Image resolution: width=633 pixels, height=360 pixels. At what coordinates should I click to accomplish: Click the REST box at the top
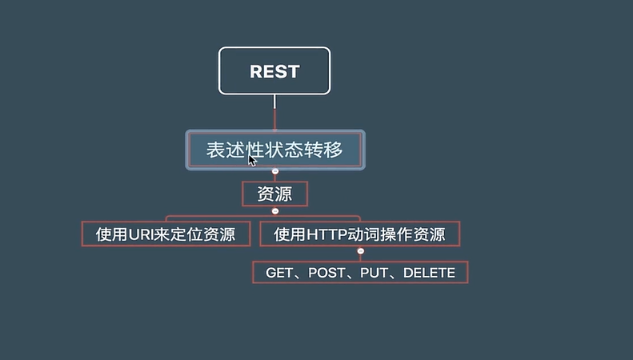click(x=274, y=71)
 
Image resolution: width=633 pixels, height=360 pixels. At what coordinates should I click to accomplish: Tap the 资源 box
click(x=274, y=194)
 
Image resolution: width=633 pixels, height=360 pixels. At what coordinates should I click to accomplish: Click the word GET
click(x=280, y=273)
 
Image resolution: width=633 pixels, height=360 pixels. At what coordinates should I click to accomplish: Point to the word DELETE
click(x=429, y=273)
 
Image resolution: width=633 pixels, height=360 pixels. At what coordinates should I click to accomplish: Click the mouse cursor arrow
click(x=251, y=159)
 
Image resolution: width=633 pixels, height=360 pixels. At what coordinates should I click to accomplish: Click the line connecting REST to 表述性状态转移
click(x=274, y=112)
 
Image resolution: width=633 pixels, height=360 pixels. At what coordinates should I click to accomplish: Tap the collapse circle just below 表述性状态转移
click(x=275, y=171)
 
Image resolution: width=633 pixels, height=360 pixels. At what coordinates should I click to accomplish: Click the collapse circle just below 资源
click(x=275, y=211)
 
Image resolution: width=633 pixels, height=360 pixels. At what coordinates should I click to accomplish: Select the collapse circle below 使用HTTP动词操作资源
click(x=360, y=252)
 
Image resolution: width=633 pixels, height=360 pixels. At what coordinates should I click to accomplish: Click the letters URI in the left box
click(x=142, y=234)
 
